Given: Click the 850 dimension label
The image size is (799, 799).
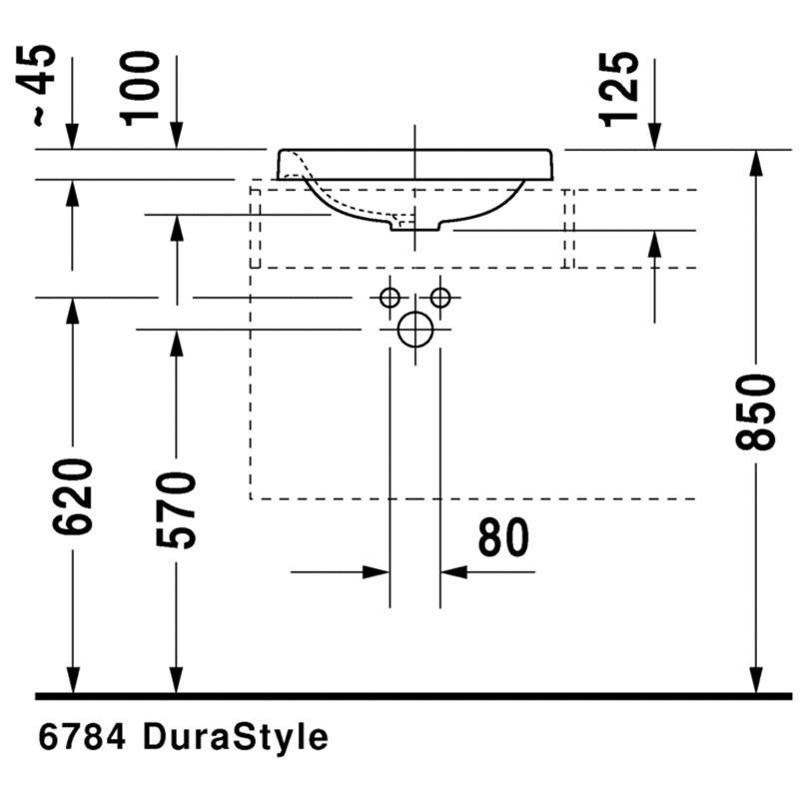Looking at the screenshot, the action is click(756, 412).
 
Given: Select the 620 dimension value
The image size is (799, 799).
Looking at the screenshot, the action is click(73, 496).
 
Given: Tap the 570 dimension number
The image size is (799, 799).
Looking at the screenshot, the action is click(177, 510).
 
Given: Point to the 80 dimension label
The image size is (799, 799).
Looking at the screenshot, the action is click(503, 536).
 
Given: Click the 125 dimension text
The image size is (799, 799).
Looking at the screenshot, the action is click(618, 89).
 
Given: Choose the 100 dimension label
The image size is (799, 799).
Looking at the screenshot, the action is click(140, 88).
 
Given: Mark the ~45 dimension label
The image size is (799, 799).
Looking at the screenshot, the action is click(37, 86).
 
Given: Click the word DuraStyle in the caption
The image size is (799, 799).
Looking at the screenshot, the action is click(236, 737).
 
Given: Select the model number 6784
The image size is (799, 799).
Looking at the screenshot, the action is click(82, 737).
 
